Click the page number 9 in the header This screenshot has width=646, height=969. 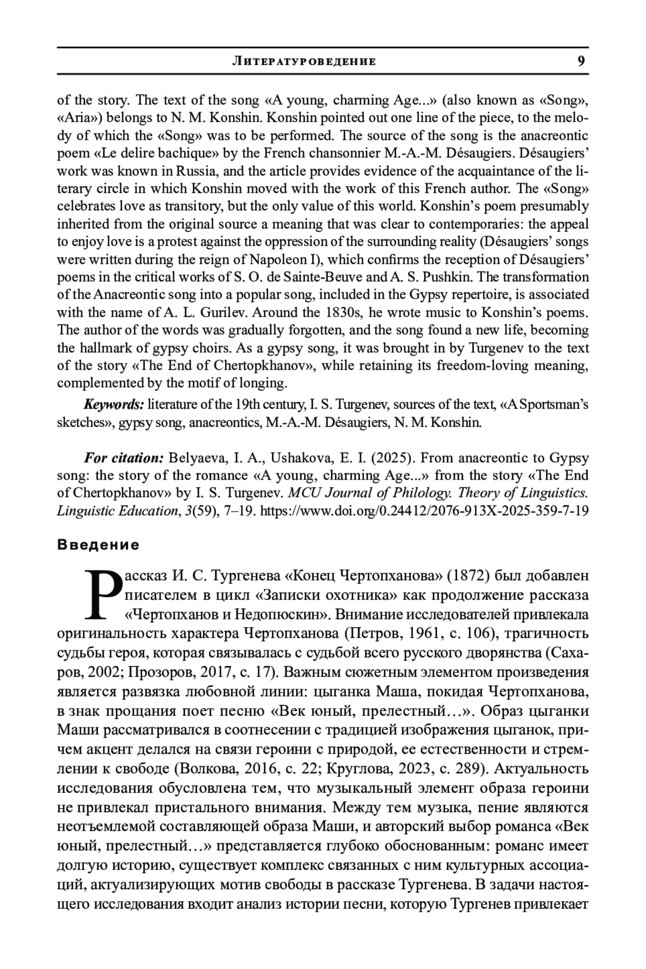581,61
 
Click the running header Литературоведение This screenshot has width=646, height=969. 304,61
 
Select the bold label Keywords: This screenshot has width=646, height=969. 114,404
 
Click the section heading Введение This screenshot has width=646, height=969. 98,545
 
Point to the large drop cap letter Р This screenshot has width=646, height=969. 104,595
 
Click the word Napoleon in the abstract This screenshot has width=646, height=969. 277,259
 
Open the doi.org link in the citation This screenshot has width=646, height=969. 424,511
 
